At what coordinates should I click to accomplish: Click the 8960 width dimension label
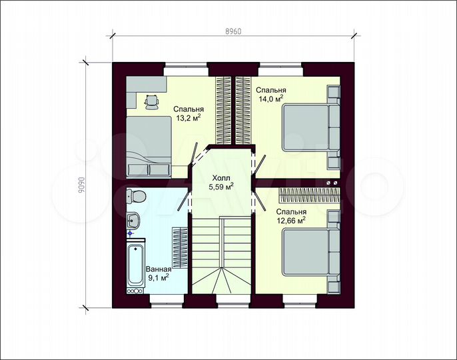(233, 31)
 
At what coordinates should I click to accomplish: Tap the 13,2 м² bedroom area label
(189, 113)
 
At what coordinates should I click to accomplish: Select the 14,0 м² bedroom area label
(271, 94)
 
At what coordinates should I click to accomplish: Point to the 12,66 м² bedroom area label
(291, 216)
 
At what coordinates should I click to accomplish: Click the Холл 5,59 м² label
(221, 183)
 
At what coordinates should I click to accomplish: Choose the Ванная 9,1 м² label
(159, 273)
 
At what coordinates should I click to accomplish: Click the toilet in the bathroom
(136, 196)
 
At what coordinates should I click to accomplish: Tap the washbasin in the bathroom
(133, 220)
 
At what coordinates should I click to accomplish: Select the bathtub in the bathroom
(136, 265)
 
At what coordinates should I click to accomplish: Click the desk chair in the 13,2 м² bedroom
(152, 102)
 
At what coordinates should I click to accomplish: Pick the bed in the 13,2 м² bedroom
(149, 147)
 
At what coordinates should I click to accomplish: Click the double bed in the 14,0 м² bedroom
(311, 127)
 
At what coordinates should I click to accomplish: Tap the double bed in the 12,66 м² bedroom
(311, 251)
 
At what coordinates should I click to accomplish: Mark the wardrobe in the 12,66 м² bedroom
(310, 195)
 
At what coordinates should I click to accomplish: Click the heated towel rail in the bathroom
(180, 248)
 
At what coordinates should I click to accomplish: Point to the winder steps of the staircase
(221, 281)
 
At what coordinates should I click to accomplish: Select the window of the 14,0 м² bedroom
(280, 70)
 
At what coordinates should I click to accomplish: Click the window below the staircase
(232, 301)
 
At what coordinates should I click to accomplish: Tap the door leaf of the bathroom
(183, 199)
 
